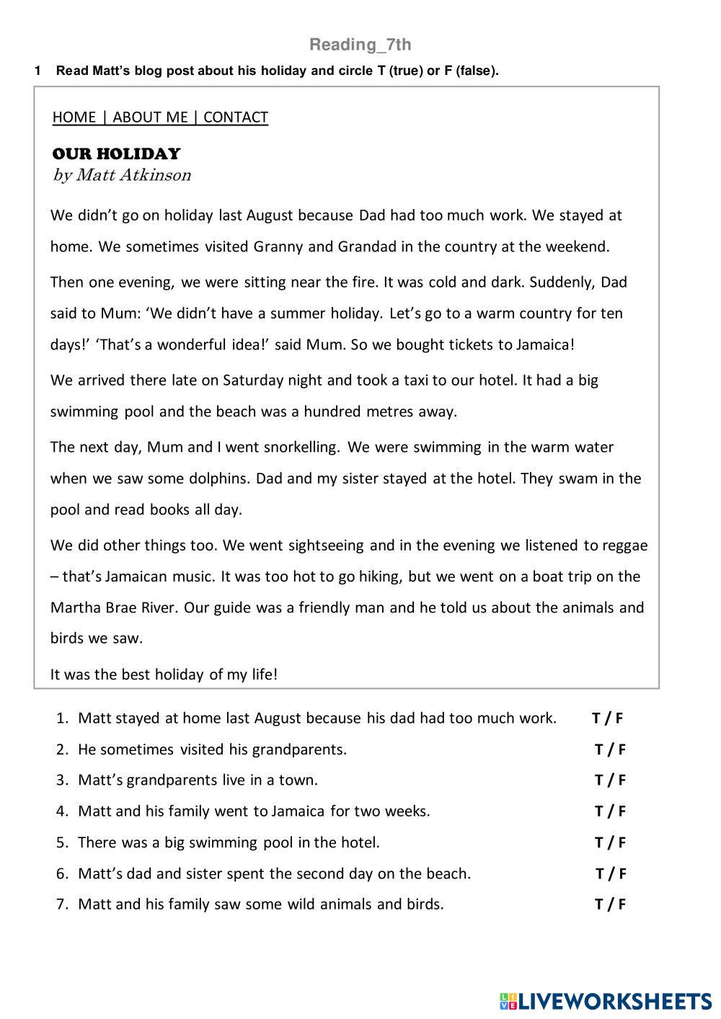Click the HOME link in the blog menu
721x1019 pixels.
pos(74,117)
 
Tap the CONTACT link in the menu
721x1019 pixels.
pos(236,117)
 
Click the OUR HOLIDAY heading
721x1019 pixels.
pos(116,154)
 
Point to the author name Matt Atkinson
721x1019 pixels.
pos(133,175)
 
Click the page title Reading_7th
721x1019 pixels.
pos(360,45)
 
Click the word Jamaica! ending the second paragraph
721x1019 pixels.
pos(546,344)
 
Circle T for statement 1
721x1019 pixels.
pos(596,718)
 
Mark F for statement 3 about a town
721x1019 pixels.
pos(622,780)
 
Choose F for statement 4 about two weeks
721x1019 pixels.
pos(622,811)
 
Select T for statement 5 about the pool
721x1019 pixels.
pos(599,842)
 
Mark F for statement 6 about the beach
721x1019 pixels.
pos(622,874)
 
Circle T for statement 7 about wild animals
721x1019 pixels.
pos(599,904)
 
